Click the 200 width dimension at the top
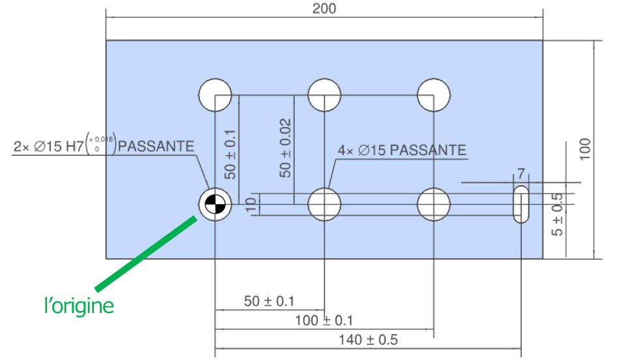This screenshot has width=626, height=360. [324, 8]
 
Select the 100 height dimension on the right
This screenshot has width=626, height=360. [584, 150]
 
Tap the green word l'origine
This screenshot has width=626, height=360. [79, 305]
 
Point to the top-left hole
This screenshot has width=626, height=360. [215, 95]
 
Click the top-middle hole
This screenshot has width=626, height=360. [324, 95]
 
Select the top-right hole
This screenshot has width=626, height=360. [434, 95]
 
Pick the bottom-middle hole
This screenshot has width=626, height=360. [324, 205]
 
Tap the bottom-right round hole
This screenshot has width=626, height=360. [434, 205]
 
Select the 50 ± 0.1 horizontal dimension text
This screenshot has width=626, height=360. [269, 301]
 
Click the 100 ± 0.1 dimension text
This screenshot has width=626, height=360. [324, 320]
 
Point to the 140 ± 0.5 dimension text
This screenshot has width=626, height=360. [368, 340]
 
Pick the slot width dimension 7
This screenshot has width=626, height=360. [521, 173]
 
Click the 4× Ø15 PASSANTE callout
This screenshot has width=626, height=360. [402, 150]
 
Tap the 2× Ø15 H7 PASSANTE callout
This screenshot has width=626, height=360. [104, 146]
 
